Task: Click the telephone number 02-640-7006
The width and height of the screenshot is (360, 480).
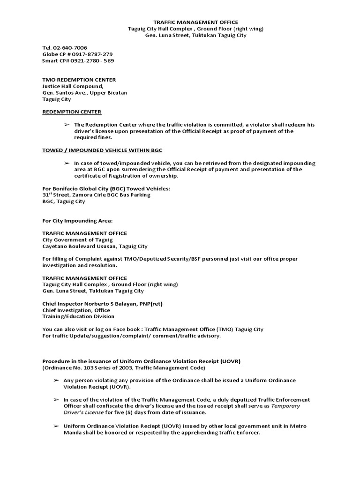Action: click(x=71, y=48)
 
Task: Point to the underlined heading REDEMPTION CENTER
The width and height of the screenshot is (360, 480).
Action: click(x=72, y=112)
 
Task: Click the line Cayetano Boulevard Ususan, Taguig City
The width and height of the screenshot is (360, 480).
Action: click(x=95, y=246)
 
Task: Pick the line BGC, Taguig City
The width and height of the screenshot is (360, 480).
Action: click(x=64, y=202)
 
